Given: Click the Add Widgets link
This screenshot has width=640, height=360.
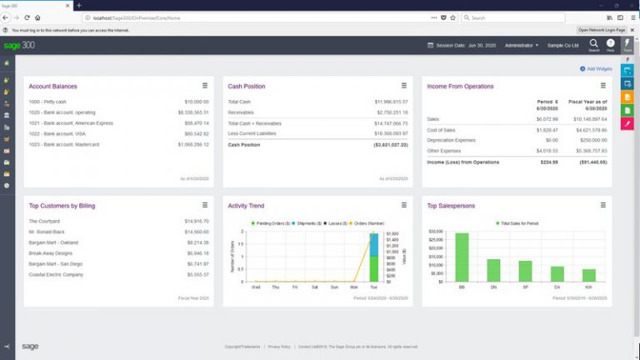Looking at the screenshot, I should [599, 68].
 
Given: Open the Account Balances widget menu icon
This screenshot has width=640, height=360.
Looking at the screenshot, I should [205, 85].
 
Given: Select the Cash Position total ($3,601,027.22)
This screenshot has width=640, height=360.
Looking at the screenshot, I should [391, 144].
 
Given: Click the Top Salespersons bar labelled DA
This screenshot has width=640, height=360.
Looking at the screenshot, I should [557, 274].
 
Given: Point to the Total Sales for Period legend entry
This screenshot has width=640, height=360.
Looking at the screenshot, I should [519, 223].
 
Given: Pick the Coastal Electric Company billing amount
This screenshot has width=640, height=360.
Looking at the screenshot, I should [197, 274].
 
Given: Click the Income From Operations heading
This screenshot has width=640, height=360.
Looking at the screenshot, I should [460, 86].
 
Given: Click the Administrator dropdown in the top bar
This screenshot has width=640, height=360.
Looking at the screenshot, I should [522, 45].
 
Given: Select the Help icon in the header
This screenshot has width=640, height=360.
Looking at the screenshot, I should [611, 44].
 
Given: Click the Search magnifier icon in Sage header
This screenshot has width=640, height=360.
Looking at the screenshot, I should [594, 43].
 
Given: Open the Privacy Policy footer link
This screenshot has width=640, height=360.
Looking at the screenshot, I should [279, 346].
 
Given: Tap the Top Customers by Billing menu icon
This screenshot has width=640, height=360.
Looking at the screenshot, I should [205, 204].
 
